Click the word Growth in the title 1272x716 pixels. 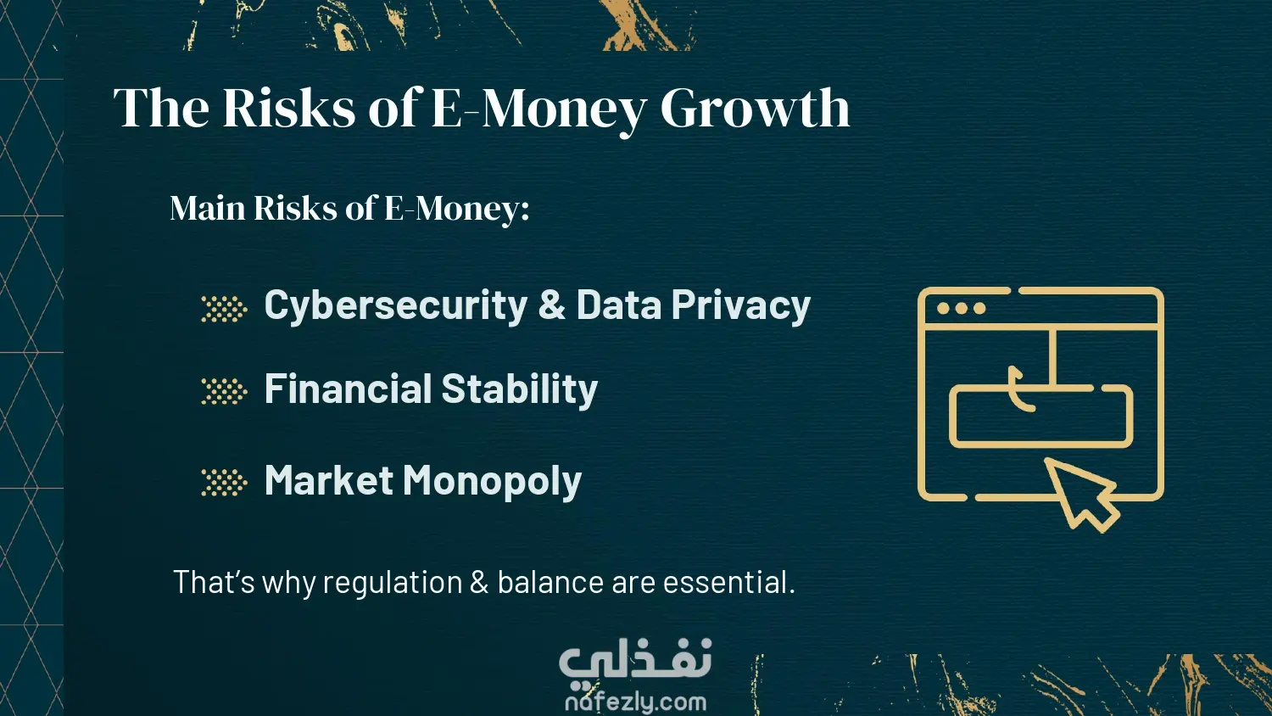755,108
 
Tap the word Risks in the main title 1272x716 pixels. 289,107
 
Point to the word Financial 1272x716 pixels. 348,389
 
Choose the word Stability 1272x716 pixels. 519,390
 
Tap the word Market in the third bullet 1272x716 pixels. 329,480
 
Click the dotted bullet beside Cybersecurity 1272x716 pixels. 225,309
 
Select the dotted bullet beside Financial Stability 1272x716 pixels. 225,392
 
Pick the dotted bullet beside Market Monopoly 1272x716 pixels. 225,483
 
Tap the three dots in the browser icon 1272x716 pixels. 961,309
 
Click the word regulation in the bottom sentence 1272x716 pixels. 393,584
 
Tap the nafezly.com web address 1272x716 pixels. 635,702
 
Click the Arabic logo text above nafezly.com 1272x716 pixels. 635,660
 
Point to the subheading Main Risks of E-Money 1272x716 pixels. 349,208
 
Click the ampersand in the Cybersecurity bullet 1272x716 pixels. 551,305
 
